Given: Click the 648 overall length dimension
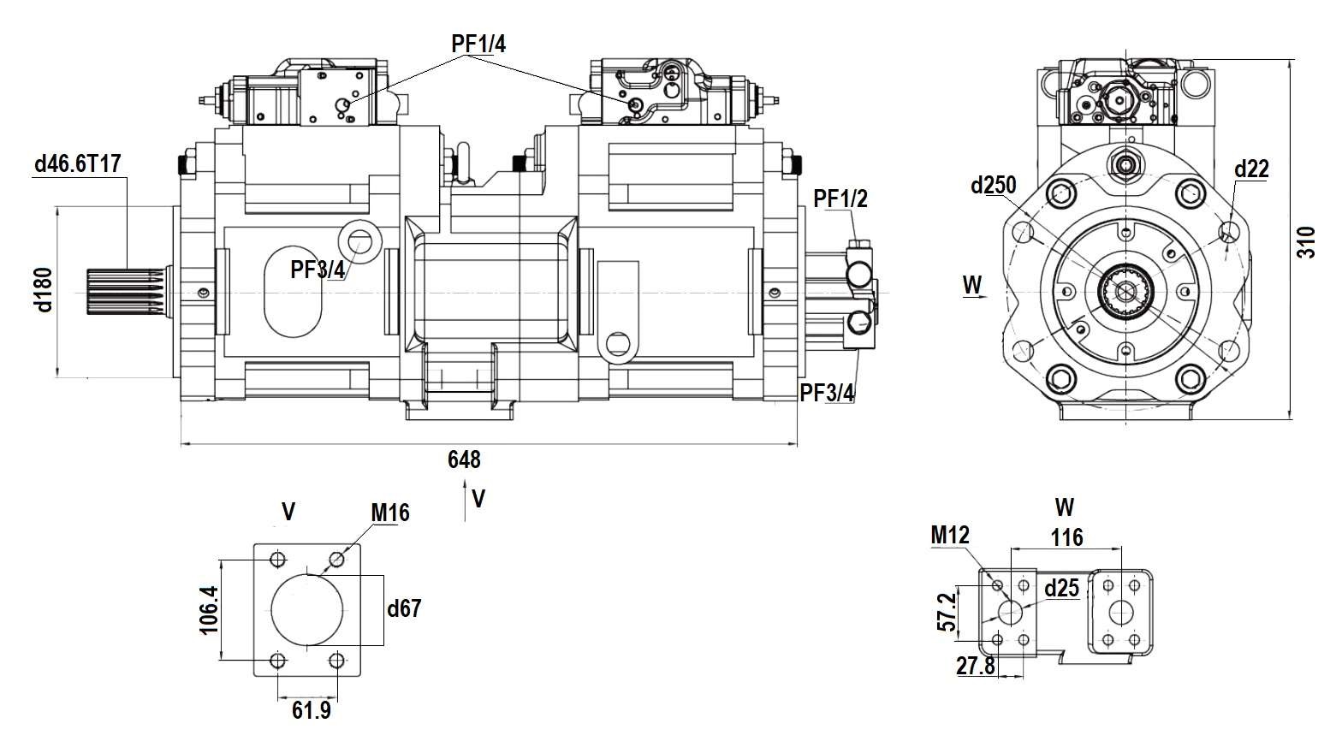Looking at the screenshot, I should pyautogui.click(x=464, y=460).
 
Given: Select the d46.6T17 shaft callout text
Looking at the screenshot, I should pyautogui.click(x=78, y=164).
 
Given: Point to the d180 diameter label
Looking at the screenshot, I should pyautogui.click(x=44, y=289).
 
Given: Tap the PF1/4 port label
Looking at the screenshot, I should pyautogui.click(x=478, y=44).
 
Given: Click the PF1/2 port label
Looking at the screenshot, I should pyautogui.click(x=840, y=199).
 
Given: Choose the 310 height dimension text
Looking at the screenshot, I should pyautogui.click(x=1306, y=243).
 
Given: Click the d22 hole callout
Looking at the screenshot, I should pyautogui.click(x=1250, y=169).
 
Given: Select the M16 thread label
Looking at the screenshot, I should pyautogui.click(x=389, y=513).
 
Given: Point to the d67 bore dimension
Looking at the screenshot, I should pyautogui.click(x=404, y=608).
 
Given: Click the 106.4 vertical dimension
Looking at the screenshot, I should pyautogui.click(x=209, y=609).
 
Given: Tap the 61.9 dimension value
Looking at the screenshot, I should pyautogui.click(x=311, y=710).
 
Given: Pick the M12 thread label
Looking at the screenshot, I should pyautogui.click(x=950, y=536).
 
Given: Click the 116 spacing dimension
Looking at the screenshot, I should pyautogui.click(x=1066, y=537).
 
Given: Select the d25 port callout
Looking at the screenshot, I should pyautogui.click(x=1062, y=588).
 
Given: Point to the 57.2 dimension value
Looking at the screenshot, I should pyautogui.click(x=945, y=612).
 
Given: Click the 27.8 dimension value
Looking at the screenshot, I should pyautogui.click(x=976, y=666).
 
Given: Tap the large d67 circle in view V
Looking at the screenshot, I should pyautogui.click(x=307, y=608).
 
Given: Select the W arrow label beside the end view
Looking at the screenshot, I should pyautogui.click(x=972, y=284).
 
